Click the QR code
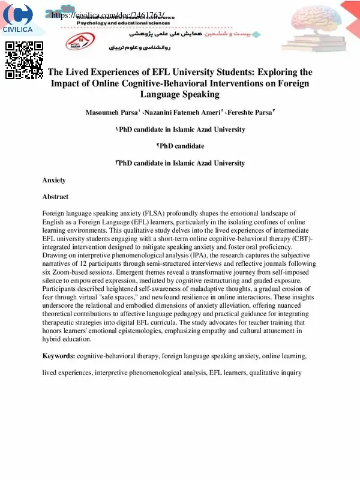[24, 59]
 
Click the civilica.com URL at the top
[109, 15]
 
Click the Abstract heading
[55, 197]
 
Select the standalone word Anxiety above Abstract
[54, 180]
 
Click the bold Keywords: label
[58, 356]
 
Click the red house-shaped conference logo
[76, 41]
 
